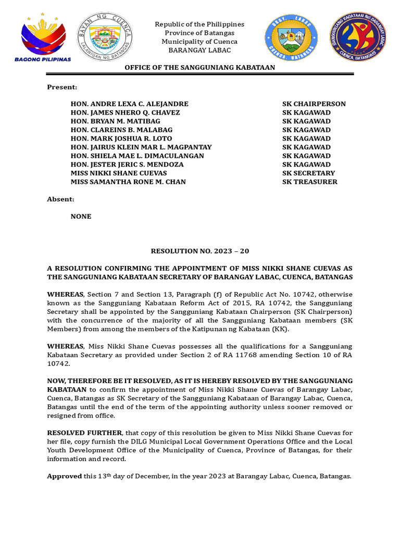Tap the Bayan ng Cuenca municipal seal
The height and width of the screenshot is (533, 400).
coord(105,36)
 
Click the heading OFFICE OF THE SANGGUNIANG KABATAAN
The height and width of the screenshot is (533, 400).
coord(199,68)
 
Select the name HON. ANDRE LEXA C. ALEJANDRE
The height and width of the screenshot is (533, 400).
coord(130,104)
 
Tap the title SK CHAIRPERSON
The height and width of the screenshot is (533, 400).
coord(314,104)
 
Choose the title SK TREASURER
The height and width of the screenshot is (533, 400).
coord(309,182)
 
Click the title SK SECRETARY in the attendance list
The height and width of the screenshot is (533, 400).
coord(308,173)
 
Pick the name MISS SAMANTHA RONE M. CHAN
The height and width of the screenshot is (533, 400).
coord(128,182)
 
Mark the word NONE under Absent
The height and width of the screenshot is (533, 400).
coord(81,217)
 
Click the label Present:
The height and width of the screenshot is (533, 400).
coord(62,87)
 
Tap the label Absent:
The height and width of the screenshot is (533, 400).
coord(61,199)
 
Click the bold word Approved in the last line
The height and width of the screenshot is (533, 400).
coord(65,476)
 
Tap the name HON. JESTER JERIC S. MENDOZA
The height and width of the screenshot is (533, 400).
coord(127,164)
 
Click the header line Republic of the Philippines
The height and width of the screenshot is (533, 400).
coord(199,24)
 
